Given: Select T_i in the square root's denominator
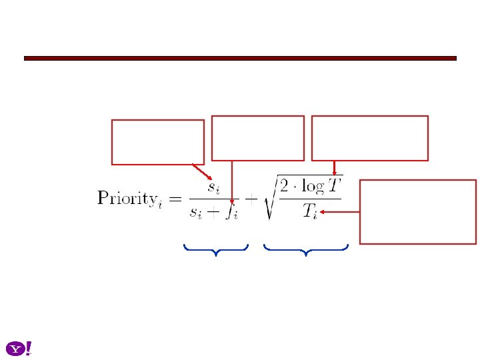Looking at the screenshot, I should [311, 211].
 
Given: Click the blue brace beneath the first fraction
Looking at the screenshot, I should [215, 250].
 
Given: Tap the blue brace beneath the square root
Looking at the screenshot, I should [306, 250].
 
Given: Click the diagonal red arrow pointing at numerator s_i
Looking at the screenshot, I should [202, 171].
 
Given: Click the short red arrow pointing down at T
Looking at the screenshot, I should [334, 168].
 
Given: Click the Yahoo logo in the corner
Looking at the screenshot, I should [19, 349].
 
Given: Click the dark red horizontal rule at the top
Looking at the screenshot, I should [240, 58].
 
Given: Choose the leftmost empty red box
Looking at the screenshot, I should [158, 142].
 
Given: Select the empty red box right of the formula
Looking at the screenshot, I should [418, 211].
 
